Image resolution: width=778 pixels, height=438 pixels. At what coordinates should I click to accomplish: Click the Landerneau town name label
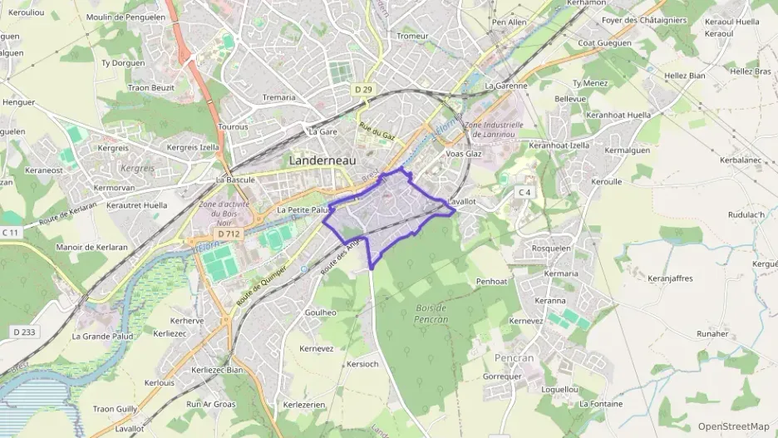(324, 160)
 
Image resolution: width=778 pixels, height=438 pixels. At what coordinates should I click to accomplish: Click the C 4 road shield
(524, 192)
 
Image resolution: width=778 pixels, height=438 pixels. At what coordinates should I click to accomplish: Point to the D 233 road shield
(23, 332)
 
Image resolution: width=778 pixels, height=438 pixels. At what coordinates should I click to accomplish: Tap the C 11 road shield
(10, 232)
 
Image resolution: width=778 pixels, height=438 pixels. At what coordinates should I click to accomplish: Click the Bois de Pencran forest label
(431, 313)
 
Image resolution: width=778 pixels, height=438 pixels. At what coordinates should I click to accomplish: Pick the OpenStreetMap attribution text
(733, 426)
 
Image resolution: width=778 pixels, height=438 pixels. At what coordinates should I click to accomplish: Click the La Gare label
(323, 131)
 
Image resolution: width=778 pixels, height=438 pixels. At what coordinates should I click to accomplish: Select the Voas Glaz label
(464, 154)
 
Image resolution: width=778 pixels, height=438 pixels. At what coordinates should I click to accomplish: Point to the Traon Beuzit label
(150, 87)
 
